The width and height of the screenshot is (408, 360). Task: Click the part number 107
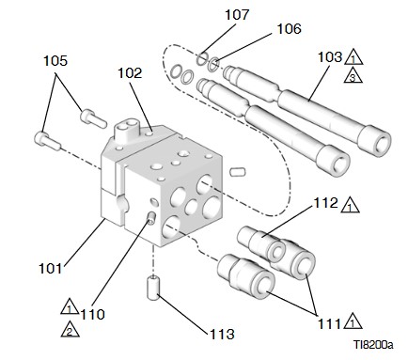coord(237,15)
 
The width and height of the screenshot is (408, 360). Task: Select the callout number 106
coord(289,28)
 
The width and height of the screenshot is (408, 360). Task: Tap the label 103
coord(330,57)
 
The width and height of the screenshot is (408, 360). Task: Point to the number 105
coord(55,60)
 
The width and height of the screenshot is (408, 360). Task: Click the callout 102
coord(130,73)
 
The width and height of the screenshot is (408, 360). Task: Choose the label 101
coord(51,268)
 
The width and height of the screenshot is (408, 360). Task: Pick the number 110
coord(93,314)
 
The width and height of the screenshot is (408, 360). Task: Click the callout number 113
coord(222,334)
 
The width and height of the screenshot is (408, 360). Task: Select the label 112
coord(326,203)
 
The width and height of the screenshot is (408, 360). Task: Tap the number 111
coord(329,323)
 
